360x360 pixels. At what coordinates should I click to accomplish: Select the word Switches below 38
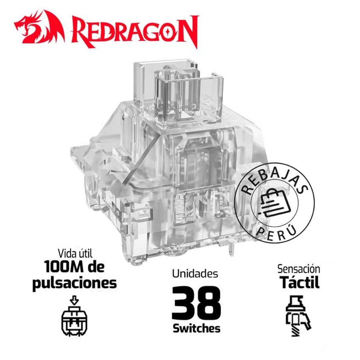(196, 328)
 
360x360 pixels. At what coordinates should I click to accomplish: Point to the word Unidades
(195, 274)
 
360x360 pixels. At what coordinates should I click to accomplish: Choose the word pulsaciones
(74, 283)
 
